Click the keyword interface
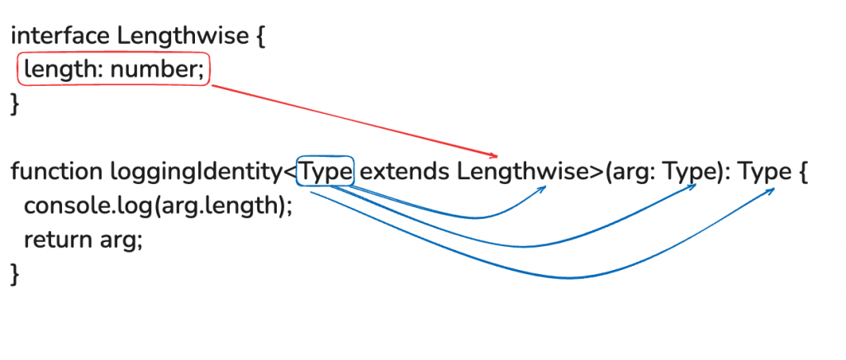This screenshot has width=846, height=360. (x=60, y=36)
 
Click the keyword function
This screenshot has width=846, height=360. (x=56, y=173)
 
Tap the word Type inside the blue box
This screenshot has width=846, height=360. (x=326, y=173)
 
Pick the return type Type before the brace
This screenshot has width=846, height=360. (x=764, y=173)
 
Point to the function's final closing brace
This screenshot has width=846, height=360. (x=14, y=274)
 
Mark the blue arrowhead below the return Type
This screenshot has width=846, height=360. (x=772, y=190)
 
